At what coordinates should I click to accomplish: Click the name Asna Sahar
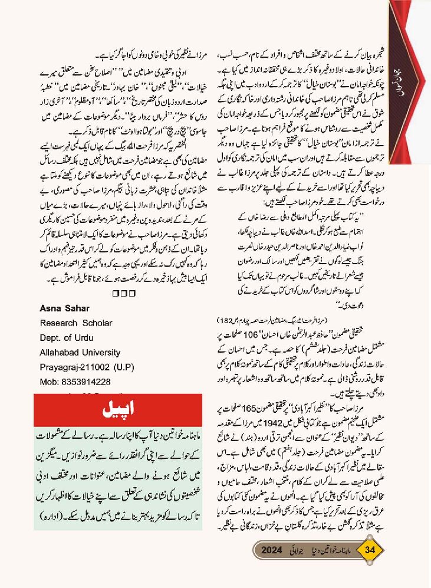[62, 308]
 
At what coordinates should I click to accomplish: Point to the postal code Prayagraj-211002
[74, 367]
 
